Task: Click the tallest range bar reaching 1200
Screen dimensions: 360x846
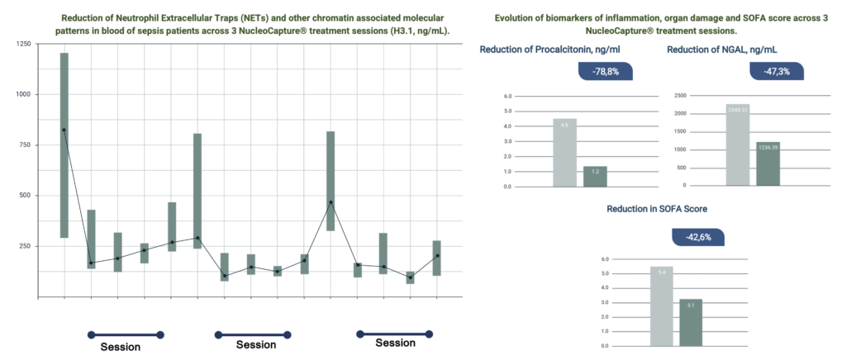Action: click(64, 145)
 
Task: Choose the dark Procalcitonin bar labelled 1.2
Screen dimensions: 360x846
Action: click(595, 176)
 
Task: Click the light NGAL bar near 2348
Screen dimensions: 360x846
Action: click(737, 144)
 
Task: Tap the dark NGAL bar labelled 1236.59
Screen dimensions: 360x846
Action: click(768, 163)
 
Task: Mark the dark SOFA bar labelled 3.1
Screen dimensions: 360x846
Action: click(690, 322)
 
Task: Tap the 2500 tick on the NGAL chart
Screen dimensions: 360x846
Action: click(682, 96)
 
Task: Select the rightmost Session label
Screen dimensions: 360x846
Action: click(395, 343)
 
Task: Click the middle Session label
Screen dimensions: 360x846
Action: click(256, 344)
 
